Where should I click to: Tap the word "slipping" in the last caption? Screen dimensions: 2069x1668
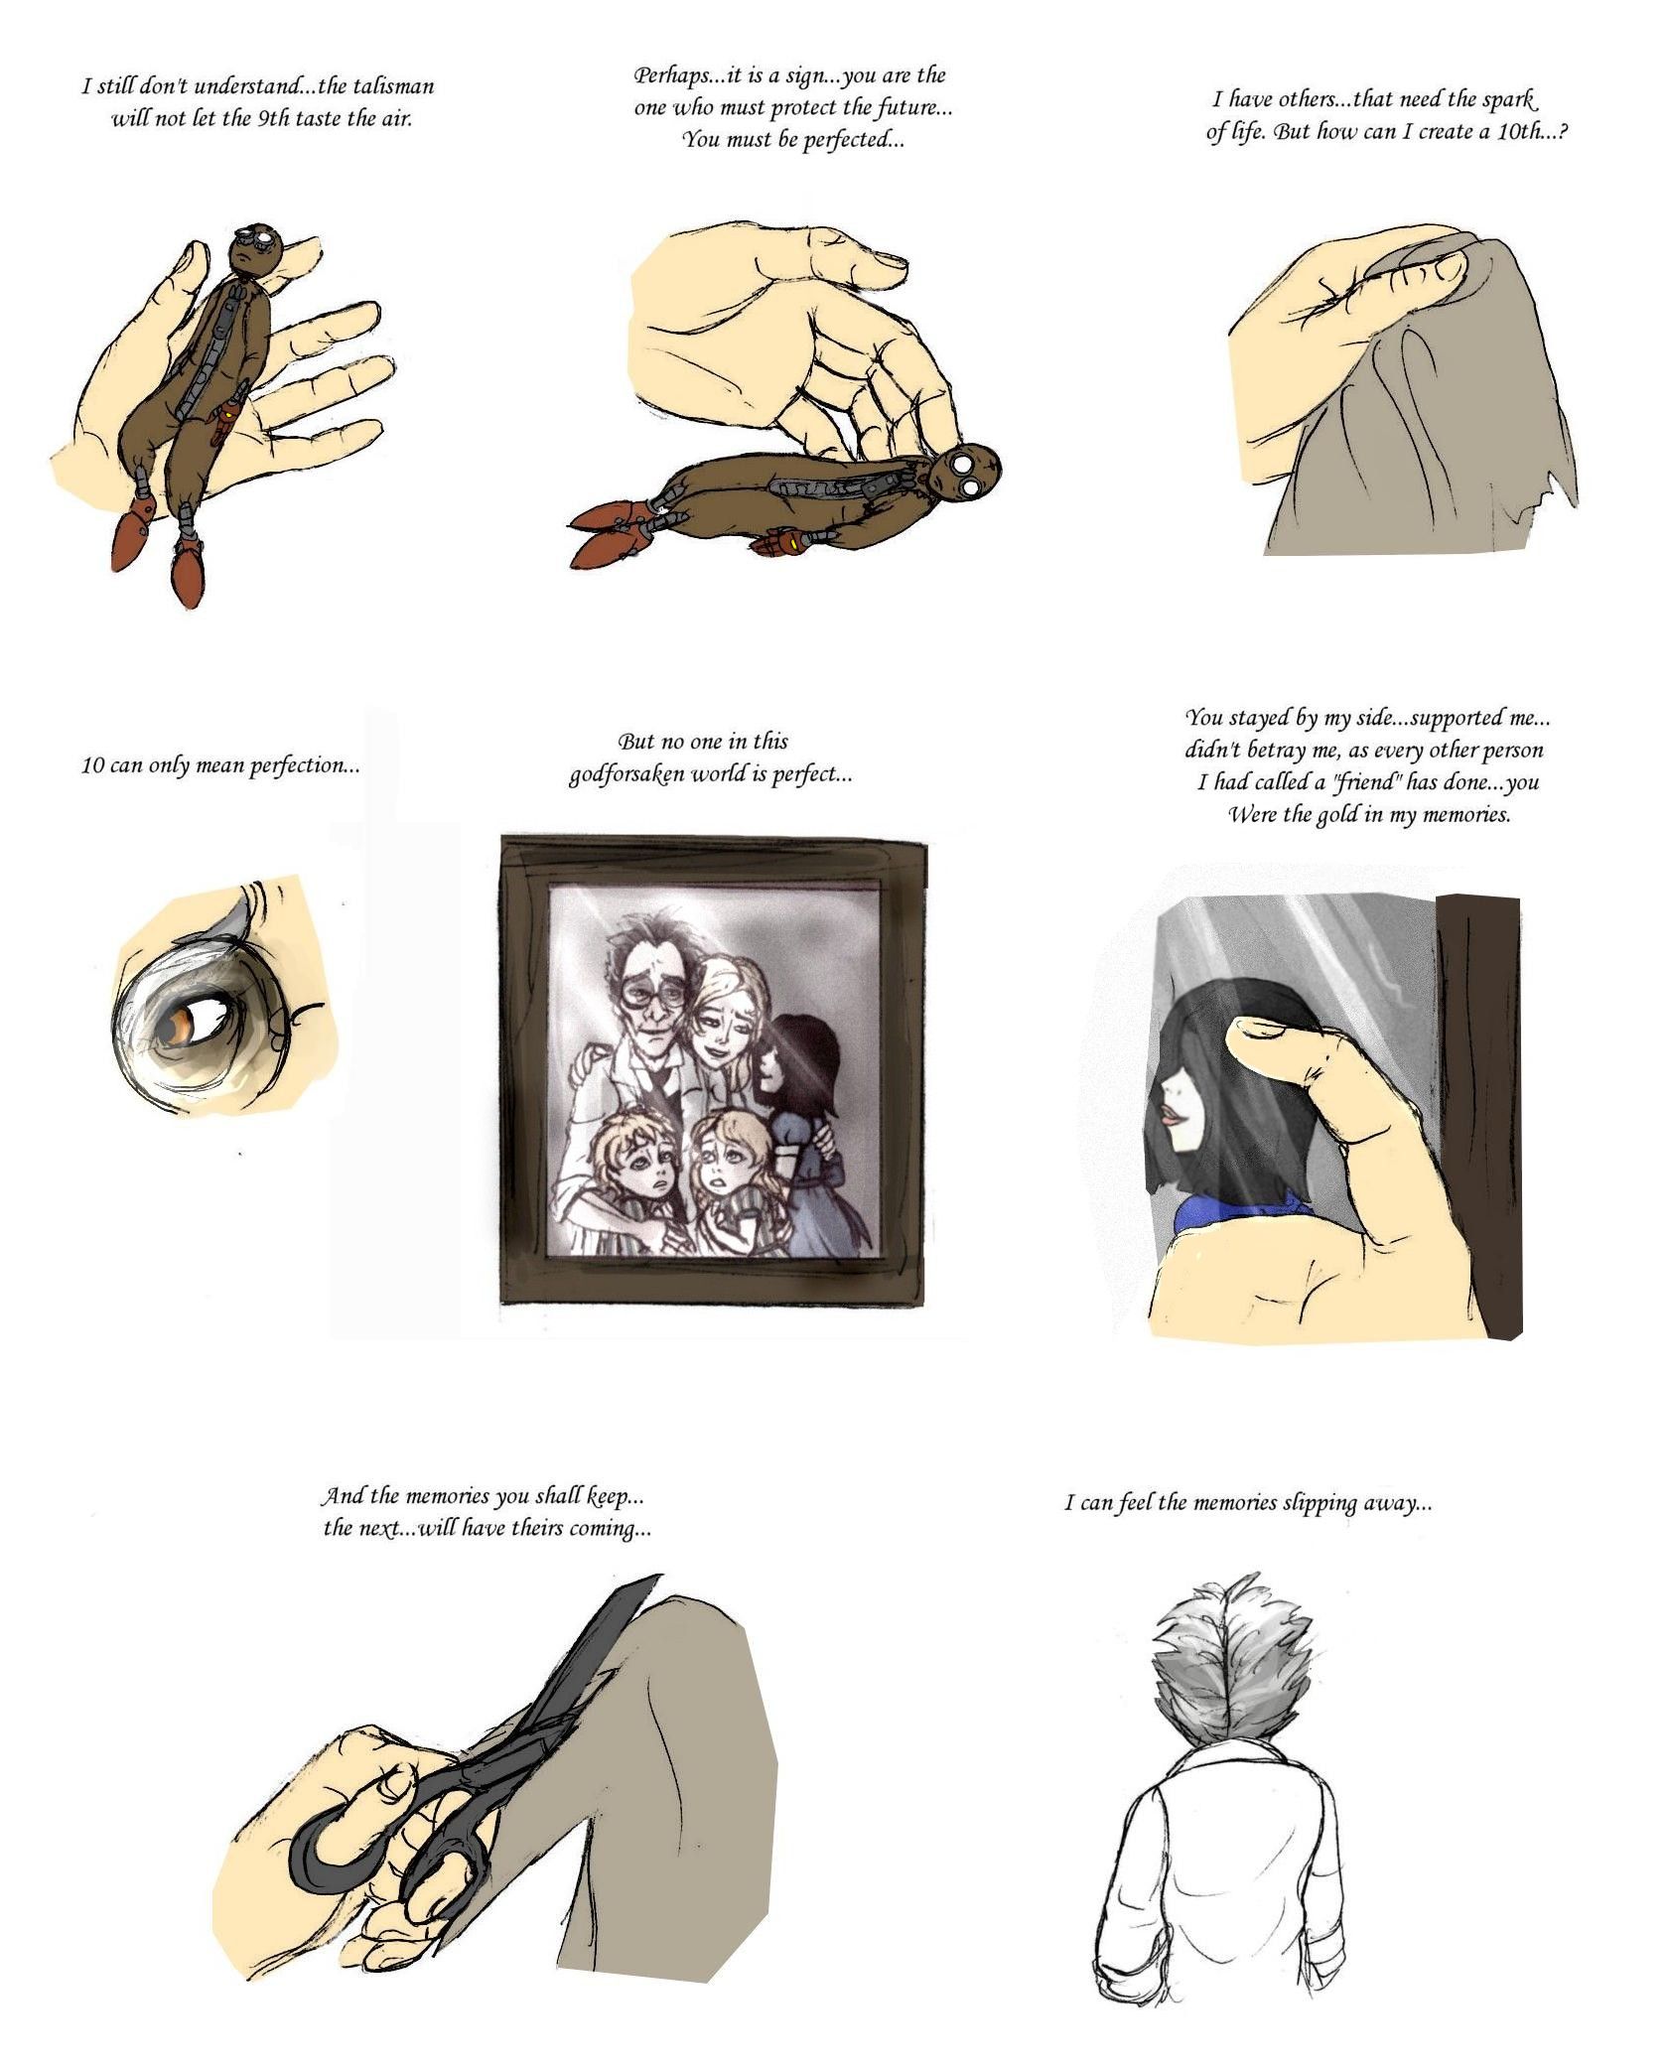point(1319,1503)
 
